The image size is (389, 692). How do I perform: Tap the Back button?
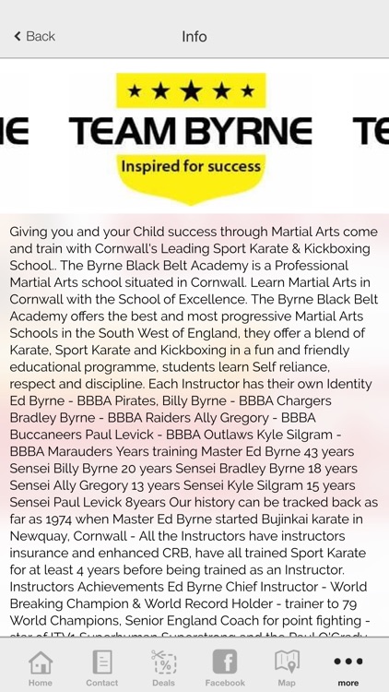tap(34, 36)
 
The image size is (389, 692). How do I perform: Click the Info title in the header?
tap(194, 36)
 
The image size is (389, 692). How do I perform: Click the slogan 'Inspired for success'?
tap(191, 167)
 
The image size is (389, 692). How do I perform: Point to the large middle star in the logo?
tap(191, 90)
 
